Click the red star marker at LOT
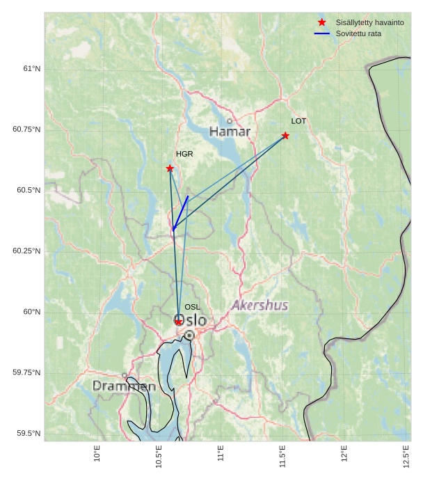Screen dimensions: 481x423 285,136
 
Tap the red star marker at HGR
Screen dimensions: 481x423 170,168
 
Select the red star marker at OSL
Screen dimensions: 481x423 179,322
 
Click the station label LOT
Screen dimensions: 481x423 298,121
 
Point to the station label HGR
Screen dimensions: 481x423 184,154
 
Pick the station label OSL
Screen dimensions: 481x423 192,307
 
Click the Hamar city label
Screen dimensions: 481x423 230,132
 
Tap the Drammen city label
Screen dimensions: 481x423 124,386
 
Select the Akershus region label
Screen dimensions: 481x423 260,305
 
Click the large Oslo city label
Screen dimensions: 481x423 190,320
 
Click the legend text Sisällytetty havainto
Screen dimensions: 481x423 369,23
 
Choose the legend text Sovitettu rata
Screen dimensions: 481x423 358,33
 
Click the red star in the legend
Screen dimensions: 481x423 321,23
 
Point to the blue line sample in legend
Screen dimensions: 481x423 321,33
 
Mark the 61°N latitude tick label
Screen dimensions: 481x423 31,69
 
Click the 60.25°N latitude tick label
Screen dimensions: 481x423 26,251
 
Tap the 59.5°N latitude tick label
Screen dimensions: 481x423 28,434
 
